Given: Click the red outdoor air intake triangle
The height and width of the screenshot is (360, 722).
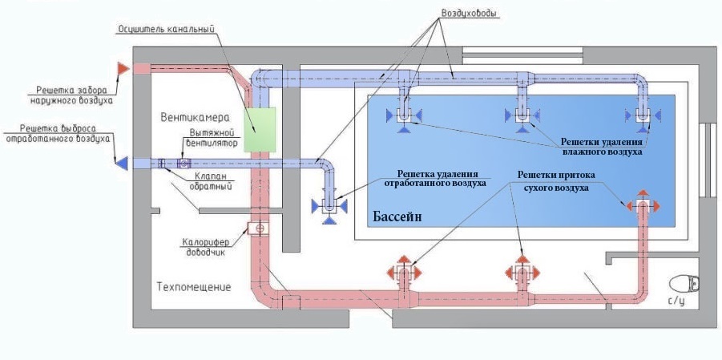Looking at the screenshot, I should tap(123, 68).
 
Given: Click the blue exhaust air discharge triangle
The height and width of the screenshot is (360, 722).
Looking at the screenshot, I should tap(123, 163).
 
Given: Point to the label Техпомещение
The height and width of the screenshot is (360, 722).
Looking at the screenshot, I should tap(194, 286).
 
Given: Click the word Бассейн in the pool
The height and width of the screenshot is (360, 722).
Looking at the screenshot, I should tap(397, 217).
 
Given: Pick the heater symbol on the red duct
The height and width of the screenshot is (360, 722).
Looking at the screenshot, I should tap(259, 229).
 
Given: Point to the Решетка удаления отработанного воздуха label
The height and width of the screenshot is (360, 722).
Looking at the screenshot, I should tap(435, 178).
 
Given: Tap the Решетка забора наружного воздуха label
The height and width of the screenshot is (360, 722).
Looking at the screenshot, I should tap(71, 95).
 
